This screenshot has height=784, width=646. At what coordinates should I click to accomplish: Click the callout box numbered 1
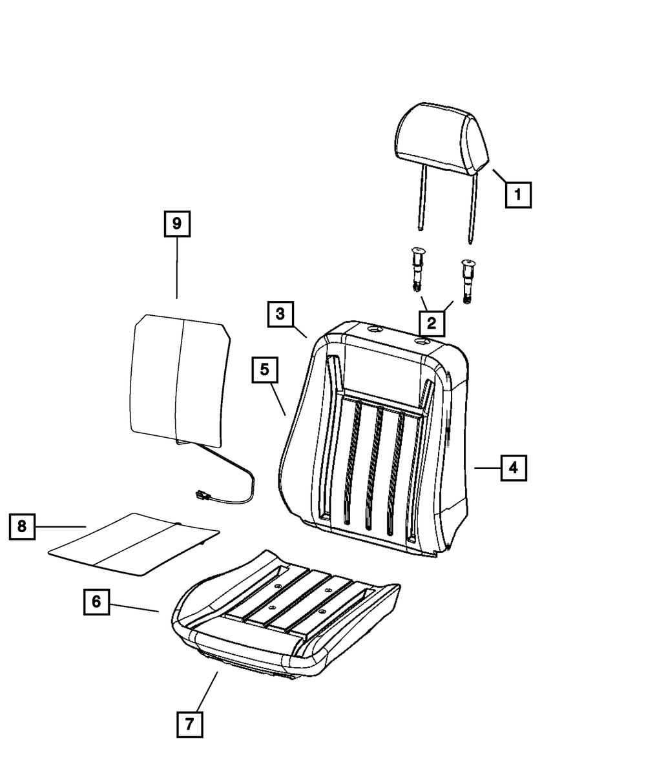pos(518,194)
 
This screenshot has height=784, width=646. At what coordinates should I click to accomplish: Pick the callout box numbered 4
pos(513,467)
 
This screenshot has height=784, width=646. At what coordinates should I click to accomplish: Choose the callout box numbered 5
pos(266,371)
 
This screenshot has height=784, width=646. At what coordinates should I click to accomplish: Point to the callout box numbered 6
pos(96,602)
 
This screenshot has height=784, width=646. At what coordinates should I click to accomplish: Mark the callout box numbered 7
pos(189,724)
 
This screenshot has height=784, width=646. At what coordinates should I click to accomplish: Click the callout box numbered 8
pos(22,527)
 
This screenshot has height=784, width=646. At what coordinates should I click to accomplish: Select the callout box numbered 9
pos(176,224)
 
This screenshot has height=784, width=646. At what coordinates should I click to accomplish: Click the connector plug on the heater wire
pos(202,496)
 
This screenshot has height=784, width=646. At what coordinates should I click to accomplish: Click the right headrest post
pos(475,207)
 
